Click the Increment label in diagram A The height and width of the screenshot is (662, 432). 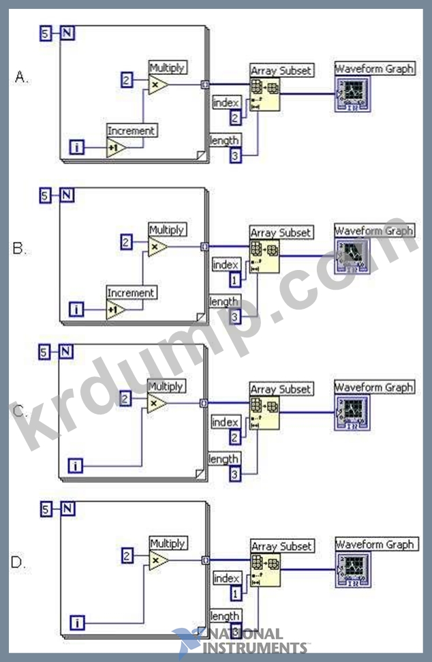[x=132, y=130]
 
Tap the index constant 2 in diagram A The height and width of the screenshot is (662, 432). [x=234, y=119]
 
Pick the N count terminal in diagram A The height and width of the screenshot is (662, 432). [x=67, y=32]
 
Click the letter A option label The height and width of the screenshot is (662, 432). [x=21, y=78]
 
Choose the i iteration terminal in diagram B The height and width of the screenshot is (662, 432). [x=76, y=311]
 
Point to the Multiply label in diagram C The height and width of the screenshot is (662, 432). [x=167, y=387]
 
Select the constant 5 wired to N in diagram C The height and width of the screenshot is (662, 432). [x=44, y=352]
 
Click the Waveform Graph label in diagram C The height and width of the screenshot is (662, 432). [x=374, y=387]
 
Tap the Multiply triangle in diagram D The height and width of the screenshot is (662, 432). [x=158, y=560]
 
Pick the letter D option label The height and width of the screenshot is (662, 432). [x=20, y=562]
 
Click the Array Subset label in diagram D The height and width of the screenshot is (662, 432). [x=281, y=546]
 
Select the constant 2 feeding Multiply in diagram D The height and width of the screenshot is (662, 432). [x=127, y=556]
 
